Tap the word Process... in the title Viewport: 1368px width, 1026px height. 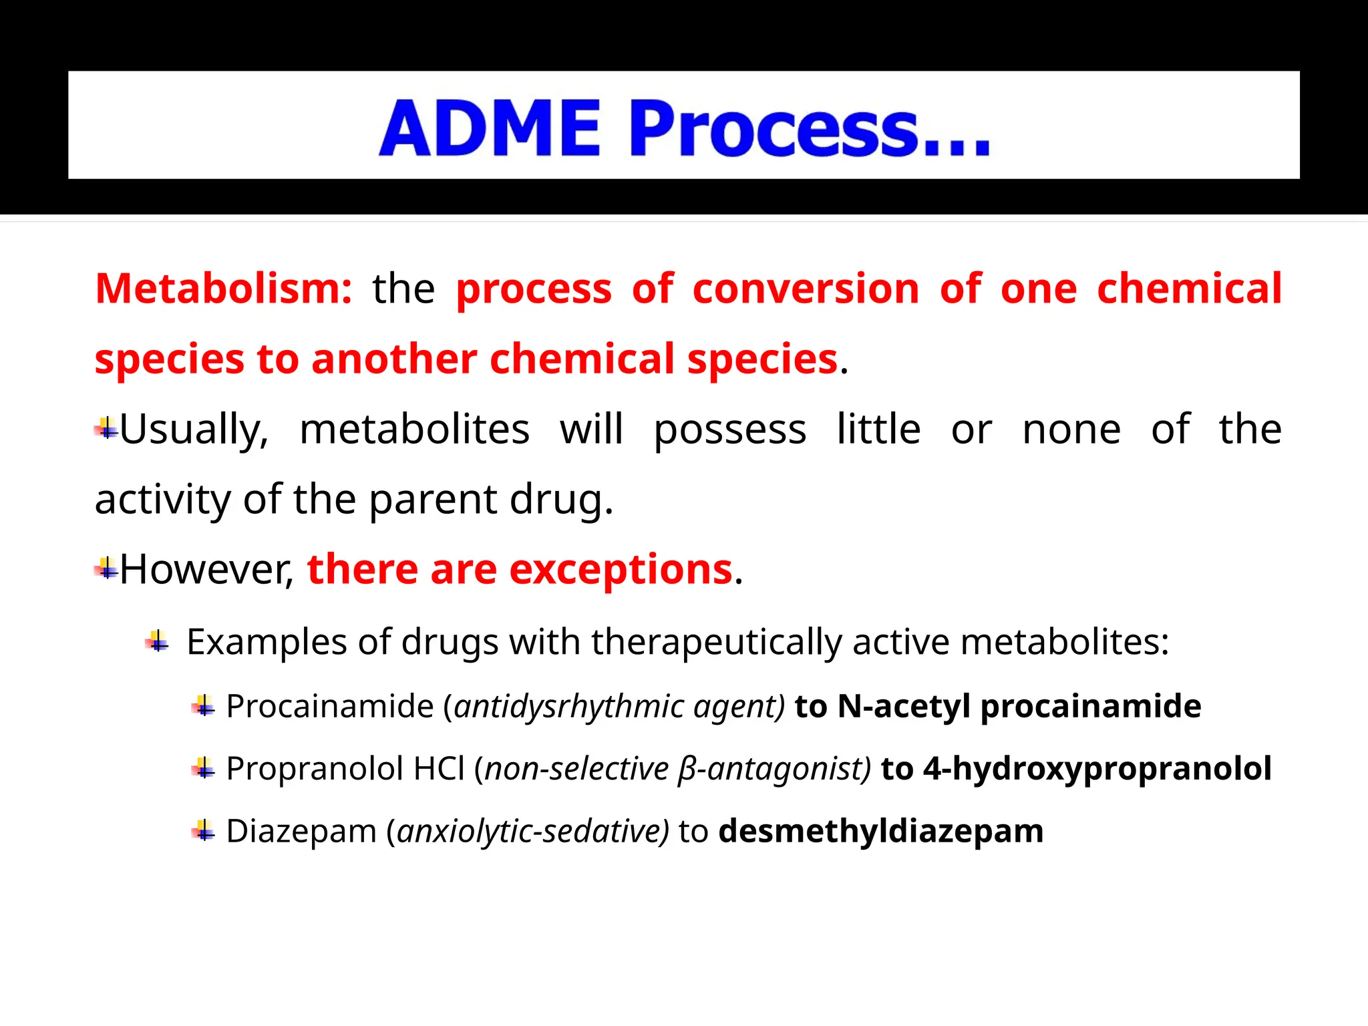coord(809,128)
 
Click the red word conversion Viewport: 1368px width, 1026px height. coord(806,289)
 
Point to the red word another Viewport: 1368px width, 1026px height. coord(393,359)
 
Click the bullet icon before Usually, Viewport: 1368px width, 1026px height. coord(106,428)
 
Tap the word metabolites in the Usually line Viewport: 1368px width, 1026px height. coord(414,429)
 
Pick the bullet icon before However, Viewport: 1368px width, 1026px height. coord(106,569)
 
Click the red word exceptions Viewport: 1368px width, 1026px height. coord(621,570)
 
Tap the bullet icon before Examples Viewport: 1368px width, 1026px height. coord(158,642)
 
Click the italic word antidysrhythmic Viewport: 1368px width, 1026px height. coord(568,706)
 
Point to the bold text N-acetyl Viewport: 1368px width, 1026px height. coord(903,706)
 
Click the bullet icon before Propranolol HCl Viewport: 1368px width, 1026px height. coord(203,769)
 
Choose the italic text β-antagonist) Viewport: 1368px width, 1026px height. coord(774,769)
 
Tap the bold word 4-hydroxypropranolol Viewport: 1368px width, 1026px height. coord(1097,769)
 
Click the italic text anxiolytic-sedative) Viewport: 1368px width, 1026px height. coord(532,832)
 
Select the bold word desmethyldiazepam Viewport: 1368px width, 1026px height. coord(880,832)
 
